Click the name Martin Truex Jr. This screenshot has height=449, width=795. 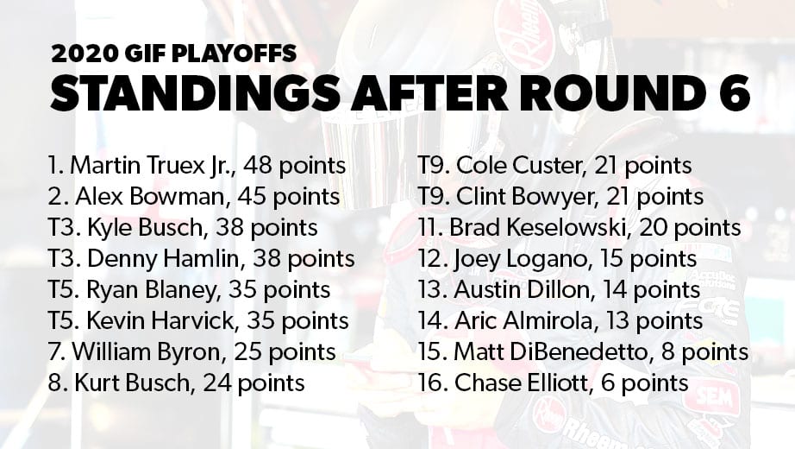pyautogui.click(x=152, y=166)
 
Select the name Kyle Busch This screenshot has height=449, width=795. pyautogui.click(x=145, y=228)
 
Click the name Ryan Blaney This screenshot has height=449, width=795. pyautogui.click(x=151, y=290)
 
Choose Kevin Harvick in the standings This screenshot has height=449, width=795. pyautogui.click(x=160, y=321)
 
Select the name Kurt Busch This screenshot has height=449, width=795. pyautogui.click(x=134, y=383)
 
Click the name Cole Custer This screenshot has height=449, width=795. pyautogui.click(x=519, y=166)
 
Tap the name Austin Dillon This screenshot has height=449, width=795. pyautogui.click(x=523, y=290)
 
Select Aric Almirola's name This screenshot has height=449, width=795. pyautogui.click(x=523, y=321)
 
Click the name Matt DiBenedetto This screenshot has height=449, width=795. pyautogui.click(x=551, y=352)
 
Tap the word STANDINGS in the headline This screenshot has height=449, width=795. pyautogui.click(x=195, y=93)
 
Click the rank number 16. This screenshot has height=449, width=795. pyautogui.click(x=433, y=383)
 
